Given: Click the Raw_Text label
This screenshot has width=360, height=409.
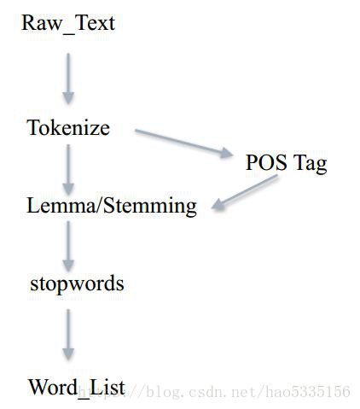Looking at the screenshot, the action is click(68, 24).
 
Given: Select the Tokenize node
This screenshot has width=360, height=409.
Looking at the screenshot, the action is click(68, 127).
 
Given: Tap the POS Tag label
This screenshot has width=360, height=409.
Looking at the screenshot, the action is click(287, 163).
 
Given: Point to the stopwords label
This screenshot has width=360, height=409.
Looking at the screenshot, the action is click(77, 284).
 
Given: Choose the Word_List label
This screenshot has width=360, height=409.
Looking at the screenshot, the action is click(77, 388).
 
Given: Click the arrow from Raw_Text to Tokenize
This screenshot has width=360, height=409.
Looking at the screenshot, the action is click(68, 79).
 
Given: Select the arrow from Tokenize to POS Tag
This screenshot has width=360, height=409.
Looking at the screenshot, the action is click(183, 143).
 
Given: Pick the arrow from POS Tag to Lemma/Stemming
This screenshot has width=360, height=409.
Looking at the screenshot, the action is click(245, 193).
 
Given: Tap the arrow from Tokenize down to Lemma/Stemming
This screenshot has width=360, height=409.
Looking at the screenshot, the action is click(68, 170).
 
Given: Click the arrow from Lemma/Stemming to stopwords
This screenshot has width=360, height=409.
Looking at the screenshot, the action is click(68, 247).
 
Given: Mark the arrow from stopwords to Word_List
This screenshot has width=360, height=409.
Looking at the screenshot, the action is click(68, 335).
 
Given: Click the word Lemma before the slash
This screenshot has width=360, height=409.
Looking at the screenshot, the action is click(61, 206).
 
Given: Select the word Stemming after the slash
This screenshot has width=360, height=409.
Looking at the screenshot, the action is click(150, 207).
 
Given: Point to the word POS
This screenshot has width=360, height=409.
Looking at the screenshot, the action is click(266, 162).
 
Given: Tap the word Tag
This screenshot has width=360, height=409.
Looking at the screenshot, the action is click(311, 164).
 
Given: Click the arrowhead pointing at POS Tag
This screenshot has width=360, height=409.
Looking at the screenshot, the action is click(227, 153).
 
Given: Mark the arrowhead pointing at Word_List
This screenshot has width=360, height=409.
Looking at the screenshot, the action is click(68, 354).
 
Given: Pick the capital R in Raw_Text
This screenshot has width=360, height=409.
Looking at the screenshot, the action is click(28, 23).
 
